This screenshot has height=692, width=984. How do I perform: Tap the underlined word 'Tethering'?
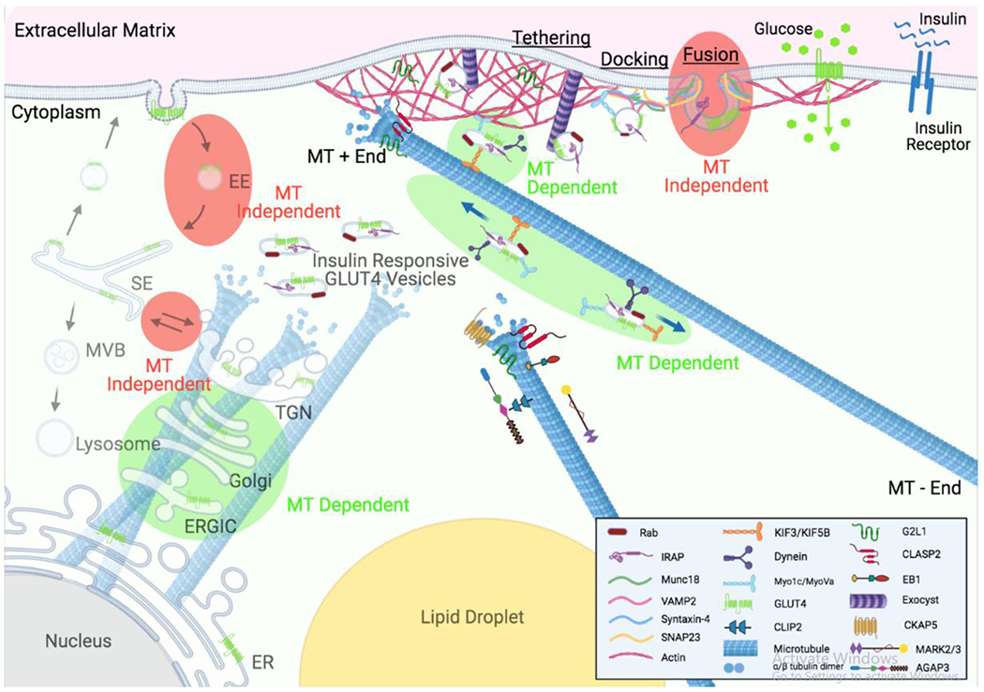tap(551, 37)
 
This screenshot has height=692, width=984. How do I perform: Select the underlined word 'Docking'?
tap(633, 59)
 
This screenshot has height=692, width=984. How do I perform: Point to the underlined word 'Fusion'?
tap(709, 56)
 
